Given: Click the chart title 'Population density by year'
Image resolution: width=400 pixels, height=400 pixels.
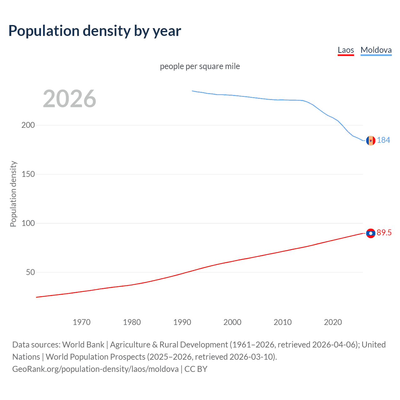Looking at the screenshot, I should click(x=95, y=31).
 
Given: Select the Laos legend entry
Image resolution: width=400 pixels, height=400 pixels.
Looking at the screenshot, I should click(x=346, y=50).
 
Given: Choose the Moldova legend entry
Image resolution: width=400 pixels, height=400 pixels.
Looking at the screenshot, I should click(x=376, y=50).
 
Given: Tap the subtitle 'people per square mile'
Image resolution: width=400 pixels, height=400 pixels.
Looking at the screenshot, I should click(x=200, y=66).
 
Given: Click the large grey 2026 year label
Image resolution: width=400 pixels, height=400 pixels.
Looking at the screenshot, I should click(x=69, y=99).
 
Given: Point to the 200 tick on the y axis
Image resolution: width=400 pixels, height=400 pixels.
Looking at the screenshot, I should click(x=28, y=125).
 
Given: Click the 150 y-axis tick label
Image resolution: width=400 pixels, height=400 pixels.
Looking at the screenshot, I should click(x=28, y=174).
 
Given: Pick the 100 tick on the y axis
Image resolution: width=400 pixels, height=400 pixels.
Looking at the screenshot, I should click(x=28, y=223).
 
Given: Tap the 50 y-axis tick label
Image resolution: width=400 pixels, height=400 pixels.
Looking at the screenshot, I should click(x=30, y=272).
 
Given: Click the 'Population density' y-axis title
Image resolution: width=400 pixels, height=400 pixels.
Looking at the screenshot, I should click(x=13, y=194).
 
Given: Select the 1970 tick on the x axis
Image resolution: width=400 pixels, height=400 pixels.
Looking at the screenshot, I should click(x=82, y=322).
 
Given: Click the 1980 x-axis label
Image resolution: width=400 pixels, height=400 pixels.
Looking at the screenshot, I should click(x=132, y=322).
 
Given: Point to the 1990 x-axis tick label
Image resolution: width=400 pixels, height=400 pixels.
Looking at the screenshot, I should click(x=182, y=322).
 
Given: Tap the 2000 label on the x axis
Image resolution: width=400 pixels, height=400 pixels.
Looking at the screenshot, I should click(x=232, y=322).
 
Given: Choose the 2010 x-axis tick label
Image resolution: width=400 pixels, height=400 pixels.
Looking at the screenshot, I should click(x=282, y=322).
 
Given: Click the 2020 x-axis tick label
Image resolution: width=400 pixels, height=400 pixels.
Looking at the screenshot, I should click(x=333, y=322).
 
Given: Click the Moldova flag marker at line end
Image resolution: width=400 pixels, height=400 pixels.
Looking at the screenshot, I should click(x=371, y=141).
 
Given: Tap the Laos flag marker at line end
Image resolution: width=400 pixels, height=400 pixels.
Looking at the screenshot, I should click(x=371, y=233).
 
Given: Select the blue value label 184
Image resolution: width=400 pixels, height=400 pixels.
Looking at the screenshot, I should click(x=383, y=140).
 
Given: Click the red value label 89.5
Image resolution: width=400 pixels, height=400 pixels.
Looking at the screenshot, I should click(x=384, y=232).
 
